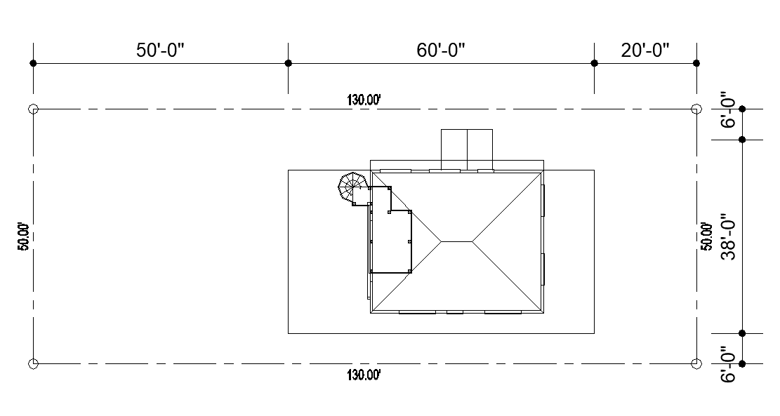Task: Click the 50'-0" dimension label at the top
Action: click(160, 51)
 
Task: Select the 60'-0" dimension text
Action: click(441, 51)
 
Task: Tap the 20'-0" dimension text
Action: click(645, 51)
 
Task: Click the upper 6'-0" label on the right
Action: click(728, 112)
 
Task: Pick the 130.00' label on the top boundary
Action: click(364, 100)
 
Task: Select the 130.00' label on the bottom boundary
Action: click(364, 375)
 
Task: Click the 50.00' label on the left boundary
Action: click(23, 236)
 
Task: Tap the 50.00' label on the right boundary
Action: click(705, 236)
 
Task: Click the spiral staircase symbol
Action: click(351, 188)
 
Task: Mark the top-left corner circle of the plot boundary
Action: click(32, 109)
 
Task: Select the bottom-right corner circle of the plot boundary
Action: click(696, 363)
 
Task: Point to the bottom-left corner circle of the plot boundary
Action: click(32, 363)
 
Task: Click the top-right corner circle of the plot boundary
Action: click(696, 109)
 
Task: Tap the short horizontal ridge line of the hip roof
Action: click(456, 241)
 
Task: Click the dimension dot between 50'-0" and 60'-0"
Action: click(288, 63)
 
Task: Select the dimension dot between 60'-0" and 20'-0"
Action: click(595, 63)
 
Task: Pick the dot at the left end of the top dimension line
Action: click(33, 63)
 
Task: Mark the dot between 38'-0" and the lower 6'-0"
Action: click(742, 333)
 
